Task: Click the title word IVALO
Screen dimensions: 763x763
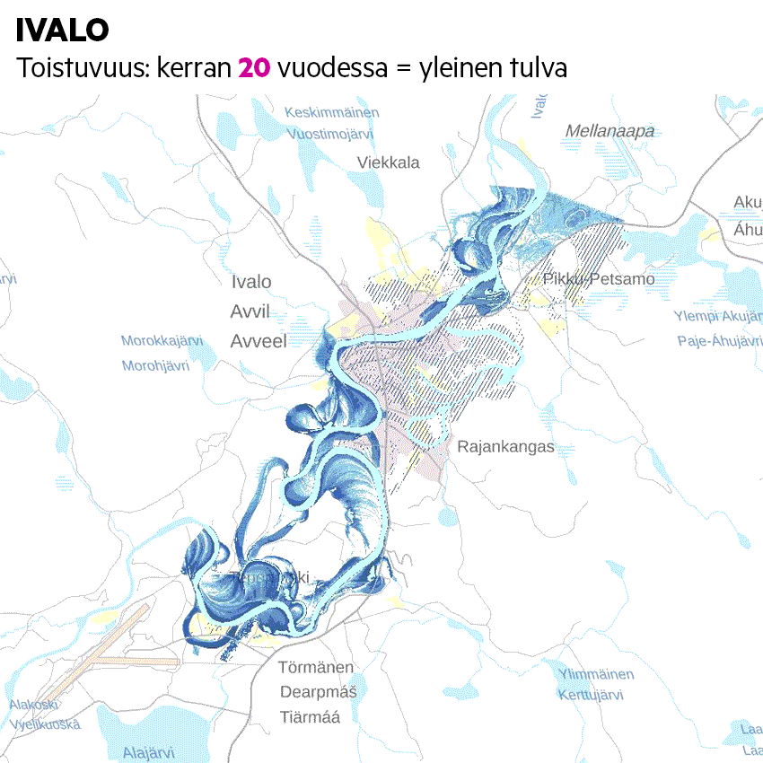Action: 63,31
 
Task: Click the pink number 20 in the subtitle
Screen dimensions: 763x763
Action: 254,67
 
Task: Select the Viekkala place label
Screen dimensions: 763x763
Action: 388,162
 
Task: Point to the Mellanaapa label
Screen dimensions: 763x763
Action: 610,132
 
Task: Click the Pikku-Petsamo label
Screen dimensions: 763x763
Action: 599,279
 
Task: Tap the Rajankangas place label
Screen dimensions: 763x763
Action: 505,446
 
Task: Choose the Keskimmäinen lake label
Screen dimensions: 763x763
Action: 331,112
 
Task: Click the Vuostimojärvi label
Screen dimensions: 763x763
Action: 329,134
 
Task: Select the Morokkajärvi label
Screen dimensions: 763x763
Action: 162,341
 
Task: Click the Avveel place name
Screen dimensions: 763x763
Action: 258,341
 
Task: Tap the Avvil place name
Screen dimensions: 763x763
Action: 250,311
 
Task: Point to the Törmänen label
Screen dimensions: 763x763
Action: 316,668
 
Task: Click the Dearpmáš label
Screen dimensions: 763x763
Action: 318,692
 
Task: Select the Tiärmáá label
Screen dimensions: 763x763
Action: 310,717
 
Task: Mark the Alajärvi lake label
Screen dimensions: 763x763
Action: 148,752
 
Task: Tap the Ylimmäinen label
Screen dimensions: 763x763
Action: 596,674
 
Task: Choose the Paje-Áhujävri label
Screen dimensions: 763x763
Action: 719,341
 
